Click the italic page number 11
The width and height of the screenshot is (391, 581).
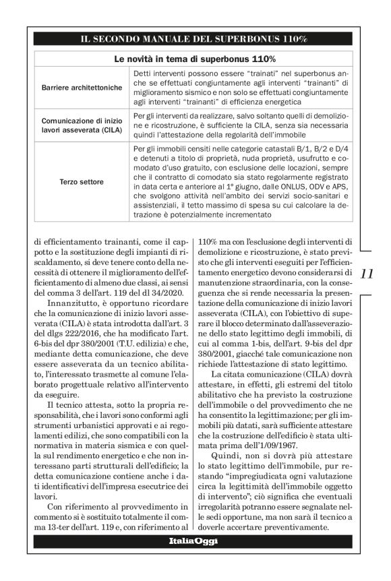[367, 274]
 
